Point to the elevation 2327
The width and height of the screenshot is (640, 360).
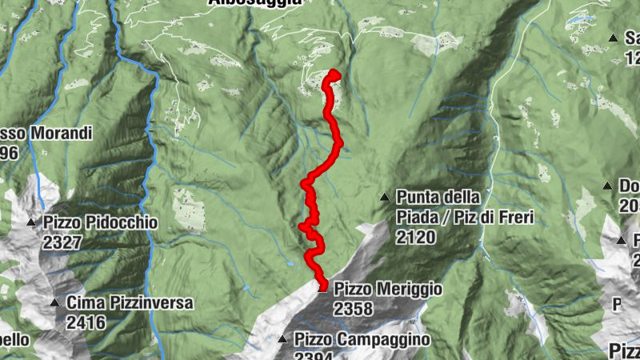[x=63, y=242]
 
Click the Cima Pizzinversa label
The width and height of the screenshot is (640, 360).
[x=130, y=303]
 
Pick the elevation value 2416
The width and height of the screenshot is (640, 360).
[x=86, y=322]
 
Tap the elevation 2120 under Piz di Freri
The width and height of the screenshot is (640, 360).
[x=414, y=236]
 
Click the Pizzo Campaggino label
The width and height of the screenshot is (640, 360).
[x=362, y=340]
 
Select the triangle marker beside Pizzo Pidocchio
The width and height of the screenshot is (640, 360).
[x=32, y=222]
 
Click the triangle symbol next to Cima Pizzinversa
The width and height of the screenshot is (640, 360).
[x=54, y=302]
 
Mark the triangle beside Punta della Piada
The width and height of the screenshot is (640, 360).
[x=385, y=197]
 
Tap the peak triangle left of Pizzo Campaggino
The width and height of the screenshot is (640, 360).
[x=282, y=340]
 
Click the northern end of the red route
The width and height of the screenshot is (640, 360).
[x=333, y=74]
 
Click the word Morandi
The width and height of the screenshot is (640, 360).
[x=62, y=133]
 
